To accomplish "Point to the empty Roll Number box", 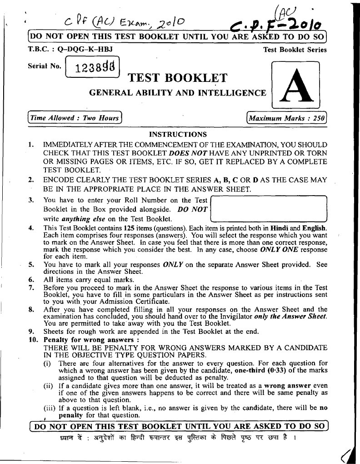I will click(270, 209).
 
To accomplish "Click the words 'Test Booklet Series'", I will click(295, 50).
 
